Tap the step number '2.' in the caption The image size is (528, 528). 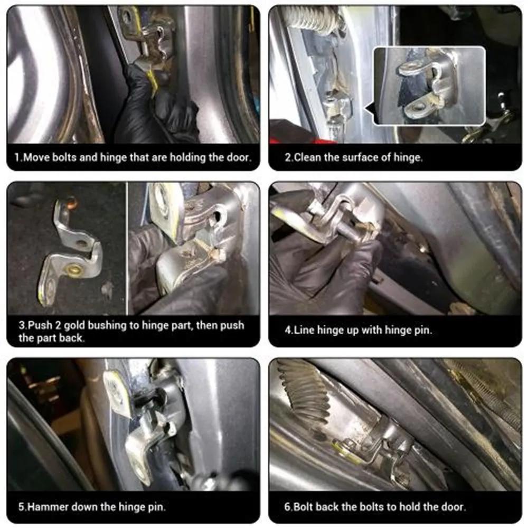click(x=288, y=158)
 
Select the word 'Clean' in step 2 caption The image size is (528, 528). click(x=307, y=158)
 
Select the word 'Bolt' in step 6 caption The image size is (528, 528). click(x=303, y=507)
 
